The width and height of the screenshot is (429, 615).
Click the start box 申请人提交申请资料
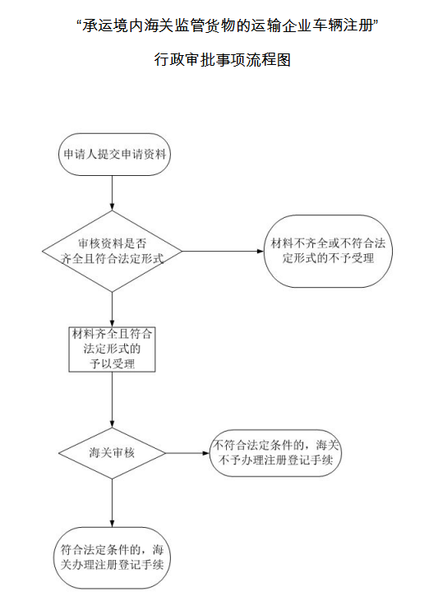point(114,154)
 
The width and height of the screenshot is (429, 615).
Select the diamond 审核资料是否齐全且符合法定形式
point(112,251)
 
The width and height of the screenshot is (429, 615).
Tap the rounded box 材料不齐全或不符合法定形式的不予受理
point(328,251)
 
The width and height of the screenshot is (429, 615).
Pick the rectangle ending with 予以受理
point(112,349)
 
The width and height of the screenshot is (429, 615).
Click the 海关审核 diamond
point(112,453)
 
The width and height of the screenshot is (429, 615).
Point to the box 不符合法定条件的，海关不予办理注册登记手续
point(275,453)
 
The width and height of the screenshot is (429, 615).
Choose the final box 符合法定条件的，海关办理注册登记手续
point(112,557)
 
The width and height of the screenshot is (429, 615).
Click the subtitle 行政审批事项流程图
point(223,60)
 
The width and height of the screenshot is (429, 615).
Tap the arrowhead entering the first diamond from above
point(112,207)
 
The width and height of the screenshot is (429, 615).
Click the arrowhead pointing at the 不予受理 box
point(261,251)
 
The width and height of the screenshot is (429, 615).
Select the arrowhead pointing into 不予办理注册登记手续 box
point(206,453)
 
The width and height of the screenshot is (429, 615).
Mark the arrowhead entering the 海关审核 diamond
point(112,424)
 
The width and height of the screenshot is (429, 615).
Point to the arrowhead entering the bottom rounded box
point(112,524)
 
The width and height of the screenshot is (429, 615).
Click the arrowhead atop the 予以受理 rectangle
point(112,323)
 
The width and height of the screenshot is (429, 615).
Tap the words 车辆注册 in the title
point(343,25)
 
